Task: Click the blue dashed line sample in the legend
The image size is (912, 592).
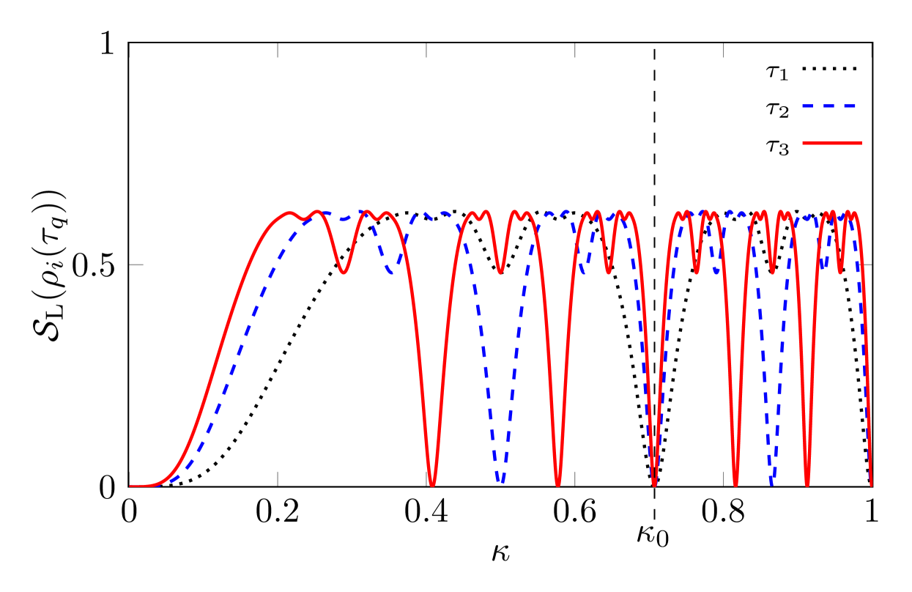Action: point(829,106)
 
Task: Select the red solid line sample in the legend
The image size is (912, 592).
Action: point(832,142)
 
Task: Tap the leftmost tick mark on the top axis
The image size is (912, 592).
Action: point(130,51)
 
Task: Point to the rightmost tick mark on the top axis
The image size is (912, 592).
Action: point(871,51)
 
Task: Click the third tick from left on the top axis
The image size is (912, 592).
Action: point(426,51)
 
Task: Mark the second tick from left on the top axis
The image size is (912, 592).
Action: point(278,51)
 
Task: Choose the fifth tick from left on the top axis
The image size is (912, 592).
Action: point(723,51)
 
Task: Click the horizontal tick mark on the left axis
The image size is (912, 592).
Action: point(137,264)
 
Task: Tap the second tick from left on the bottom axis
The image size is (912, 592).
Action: point(278,478)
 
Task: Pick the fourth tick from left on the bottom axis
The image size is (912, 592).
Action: point(575,478)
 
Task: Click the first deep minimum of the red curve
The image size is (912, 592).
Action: point(432,484)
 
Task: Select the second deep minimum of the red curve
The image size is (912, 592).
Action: point(558,484)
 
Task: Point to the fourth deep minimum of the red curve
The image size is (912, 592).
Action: point(735,484)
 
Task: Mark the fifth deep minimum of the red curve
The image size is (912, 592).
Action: point(807,484)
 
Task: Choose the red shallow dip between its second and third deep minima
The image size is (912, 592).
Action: point(608,273)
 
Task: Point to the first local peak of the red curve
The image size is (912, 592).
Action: point(290,212)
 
